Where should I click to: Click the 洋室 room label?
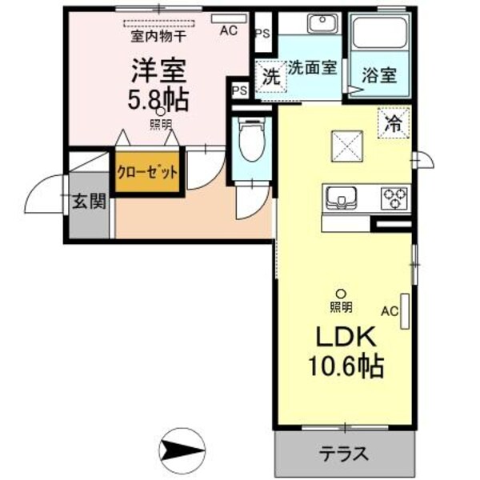[159, 70]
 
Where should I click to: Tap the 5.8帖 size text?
[159, 99]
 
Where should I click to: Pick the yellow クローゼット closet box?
[146, 171]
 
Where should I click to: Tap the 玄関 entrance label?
[88, 202]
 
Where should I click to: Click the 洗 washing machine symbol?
[270, 78]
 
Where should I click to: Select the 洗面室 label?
[312, 67]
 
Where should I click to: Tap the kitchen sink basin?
[343, 196]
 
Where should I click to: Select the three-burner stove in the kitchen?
[393, 196]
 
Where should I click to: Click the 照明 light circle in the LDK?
[341, 294]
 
